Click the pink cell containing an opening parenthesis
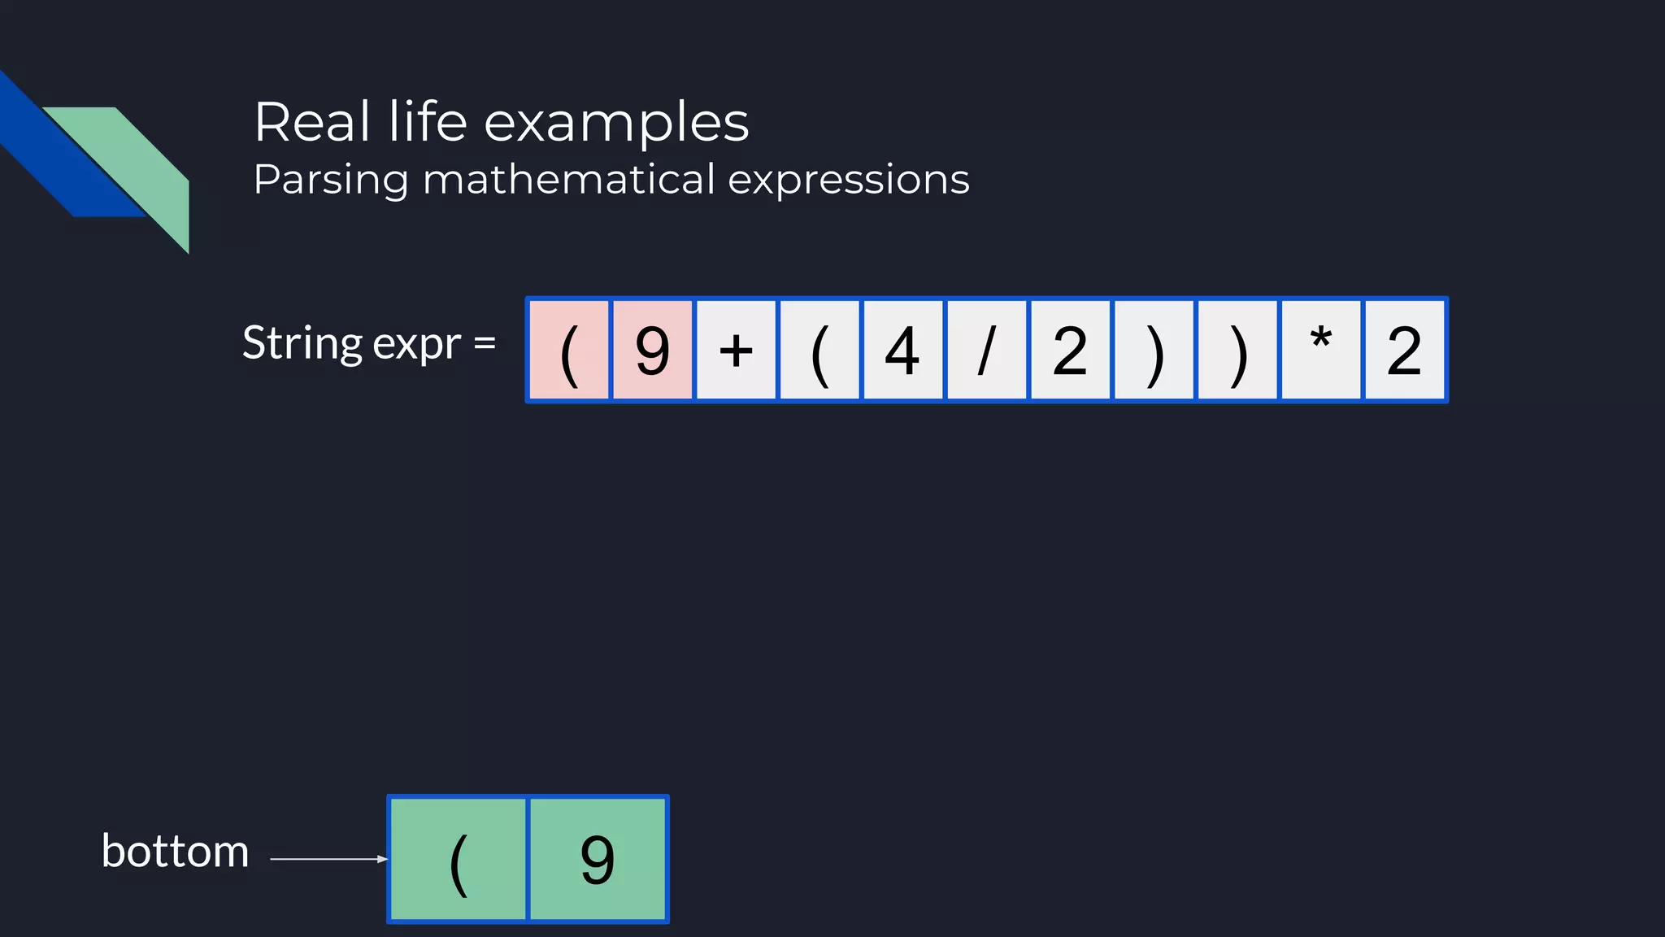click(569, 350)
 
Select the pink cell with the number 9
click(653, 350)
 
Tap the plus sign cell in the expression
click(737, 350)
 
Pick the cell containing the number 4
click(902, 350)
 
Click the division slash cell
click(986, 350)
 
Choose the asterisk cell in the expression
click(1320, 350)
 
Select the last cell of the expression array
click(1405, 350)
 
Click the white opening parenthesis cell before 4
click(819, 350)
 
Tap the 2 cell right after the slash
click(1070, 350)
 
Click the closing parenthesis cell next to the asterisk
click(1237, 350)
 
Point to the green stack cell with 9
click(598, 859)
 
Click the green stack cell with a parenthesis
click(459, 859)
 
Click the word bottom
click(175, 852)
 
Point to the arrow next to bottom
click(328, 859)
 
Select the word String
click(302, 342)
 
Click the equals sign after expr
click(485, 343)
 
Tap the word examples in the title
click(616, 123)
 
